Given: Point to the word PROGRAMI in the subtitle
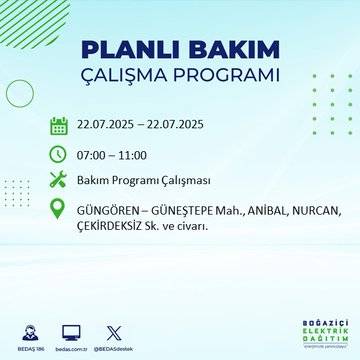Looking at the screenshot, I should (231, 77).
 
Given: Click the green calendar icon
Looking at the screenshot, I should (59, 126).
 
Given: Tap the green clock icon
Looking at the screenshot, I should (59, 154).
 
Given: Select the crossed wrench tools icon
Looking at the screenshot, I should (59, 181).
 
